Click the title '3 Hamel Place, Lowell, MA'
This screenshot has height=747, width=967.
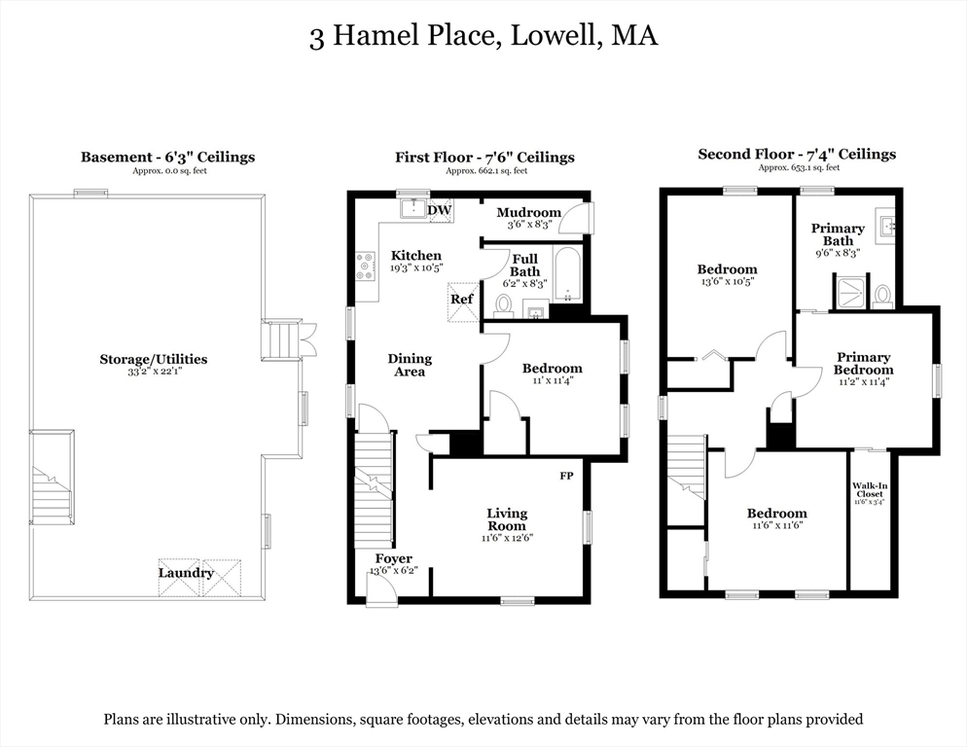[483, 37]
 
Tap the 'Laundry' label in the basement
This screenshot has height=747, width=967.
[186, 573]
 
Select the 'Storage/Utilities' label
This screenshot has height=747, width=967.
[153, 359]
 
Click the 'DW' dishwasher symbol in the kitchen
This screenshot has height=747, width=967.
[440, 209]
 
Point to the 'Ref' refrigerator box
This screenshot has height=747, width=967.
[462, 299]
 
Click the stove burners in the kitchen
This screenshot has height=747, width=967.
[365, 266]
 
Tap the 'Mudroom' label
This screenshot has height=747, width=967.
[528, 212]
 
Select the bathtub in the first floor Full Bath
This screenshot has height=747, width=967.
[566, 273]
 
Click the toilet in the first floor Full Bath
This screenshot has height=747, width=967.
[503, 305]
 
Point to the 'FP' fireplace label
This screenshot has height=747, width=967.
[566, 476]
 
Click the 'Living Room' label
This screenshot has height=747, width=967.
[507, 519]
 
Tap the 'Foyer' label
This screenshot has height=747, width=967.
[393, 558]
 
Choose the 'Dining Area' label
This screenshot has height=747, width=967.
[410, 365]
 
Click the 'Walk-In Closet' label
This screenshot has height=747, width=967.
[869, 489]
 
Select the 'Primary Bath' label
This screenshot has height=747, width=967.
[838, 234]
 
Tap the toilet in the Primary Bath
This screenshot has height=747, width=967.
[882, 295]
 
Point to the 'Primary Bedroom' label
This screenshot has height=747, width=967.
[863, 363]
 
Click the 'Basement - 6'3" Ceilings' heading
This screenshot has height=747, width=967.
[167, 157]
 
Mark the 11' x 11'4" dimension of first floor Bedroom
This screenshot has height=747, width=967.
[552, 381]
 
